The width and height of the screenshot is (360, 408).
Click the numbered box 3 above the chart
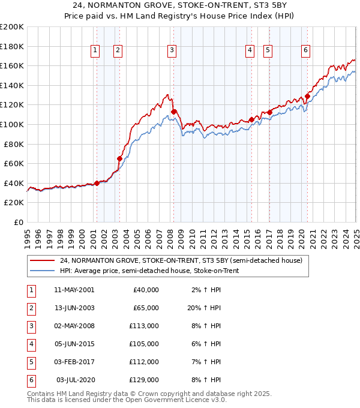point(172,51)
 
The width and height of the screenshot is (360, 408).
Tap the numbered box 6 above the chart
point(306,51)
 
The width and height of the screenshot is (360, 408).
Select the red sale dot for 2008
point(173,112)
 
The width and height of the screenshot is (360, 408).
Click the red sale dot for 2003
point(119,158)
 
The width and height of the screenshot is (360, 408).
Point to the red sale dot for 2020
point(307,96)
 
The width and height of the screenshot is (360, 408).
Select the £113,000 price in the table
point(144,326)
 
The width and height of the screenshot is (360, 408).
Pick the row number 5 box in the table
point(31,362)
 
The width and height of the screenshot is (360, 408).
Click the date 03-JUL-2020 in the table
point(75,380)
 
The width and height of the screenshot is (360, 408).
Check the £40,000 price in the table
point(146,290)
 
